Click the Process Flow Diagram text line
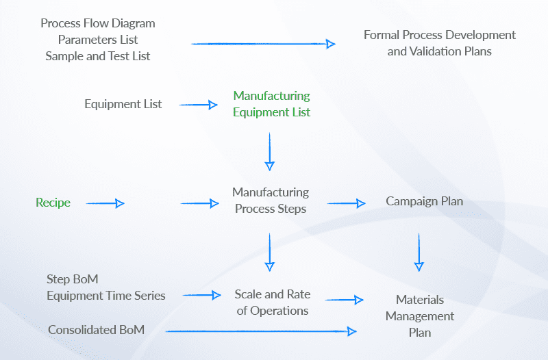[98, 23]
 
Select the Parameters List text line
[98, 40]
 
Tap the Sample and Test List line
[98, 56]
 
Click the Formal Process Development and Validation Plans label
[439, 43]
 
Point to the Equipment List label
[123, 104]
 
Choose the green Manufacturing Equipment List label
[271, 104]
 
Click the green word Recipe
[53, 203]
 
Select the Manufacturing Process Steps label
[271, 201]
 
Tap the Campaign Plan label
[424, 201]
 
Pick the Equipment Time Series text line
[106, 296]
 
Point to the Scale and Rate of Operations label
[272, 303]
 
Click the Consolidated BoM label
[96, 330]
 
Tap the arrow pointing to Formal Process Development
[264, 44]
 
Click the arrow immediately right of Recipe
[105, 203]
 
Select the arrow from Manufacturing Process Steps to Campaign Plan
[347, 203]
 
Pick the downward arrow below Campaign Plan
[419, 253]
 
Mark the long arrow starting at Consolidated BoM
[261, 331]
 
